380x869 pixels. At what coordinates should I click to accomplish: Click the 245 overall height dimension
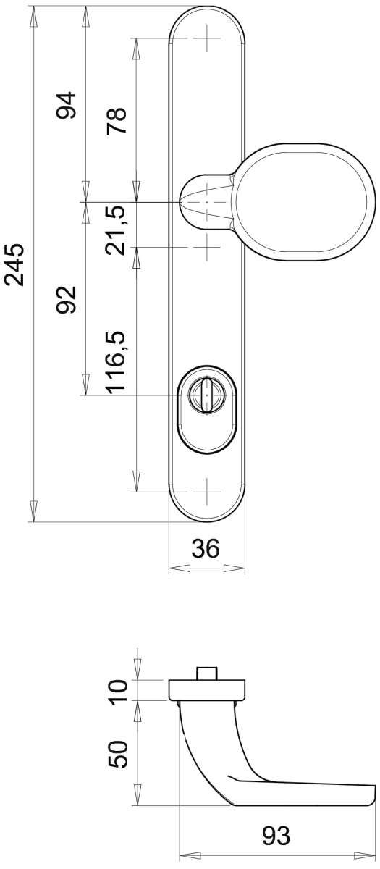[14, 265]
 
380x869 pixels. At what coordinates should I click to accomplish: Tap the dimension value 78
[117, 121]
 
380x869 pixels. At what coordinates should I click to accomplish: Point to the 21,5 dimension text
[117, 230]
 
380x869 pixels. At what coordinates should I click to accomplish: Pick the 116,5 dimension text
[117, 362]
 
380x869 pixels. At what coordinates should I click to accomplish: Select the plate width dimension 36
[206, 549]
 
